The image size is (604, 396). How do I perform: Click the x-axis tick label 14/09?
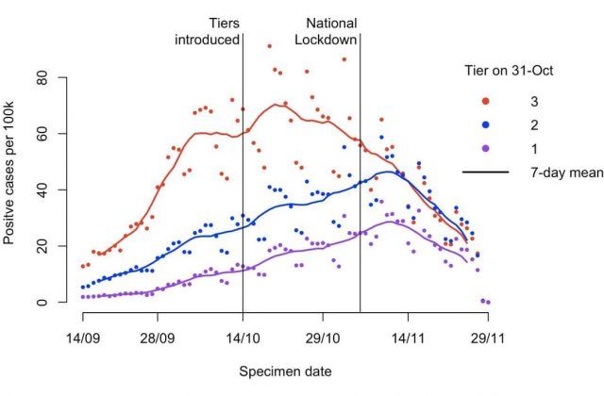click(81, 336)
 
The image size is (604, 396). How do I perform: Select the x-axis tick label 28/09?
click(159, 336)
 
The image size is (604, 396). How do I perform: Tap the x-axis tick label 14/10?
click(243, 336)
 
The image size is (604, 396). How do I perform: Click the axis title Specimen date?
click(284, 371)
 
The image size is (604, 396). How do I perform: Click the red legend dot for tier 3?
click(485, 100)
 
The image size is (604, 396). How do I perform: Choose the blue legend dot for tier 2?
click(485, 124)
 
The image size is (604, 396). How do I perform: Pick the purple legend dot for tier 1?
click(485, 148)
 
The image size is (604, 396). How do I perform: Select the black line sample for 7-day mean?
click(485, 172)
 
